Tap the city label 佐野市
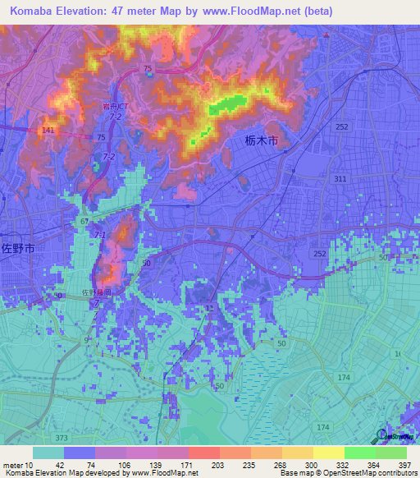18,247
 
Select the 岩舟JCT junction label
116,106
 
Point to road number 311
341,178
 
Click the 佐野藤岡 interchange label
95,292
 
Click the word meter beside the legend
12,464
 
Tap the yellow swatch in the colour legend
328,453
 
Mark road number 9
86,339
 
